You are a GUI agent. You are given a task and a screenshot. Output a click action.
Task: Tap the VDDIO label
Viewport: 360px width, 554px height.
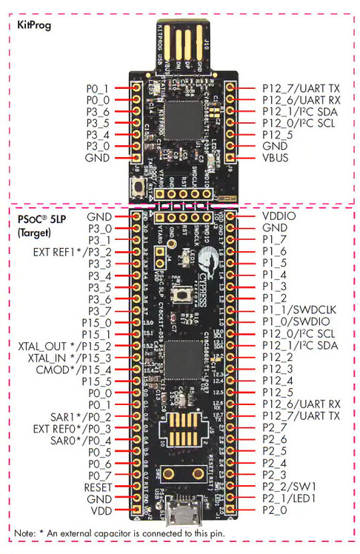click(x=279, y=215)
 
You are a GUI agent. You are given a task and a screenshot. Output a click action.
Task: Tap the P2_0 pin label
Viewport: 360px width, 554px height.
click(x=274, y=511)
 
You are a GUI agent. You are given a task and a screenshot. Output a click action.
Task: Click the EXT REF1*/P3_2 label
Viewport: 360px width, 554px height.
click(x=73, y=252)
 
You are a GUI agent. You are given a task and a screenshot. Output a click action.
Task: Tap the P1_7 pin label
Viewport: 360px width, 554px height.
click(x=274, y=239)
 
